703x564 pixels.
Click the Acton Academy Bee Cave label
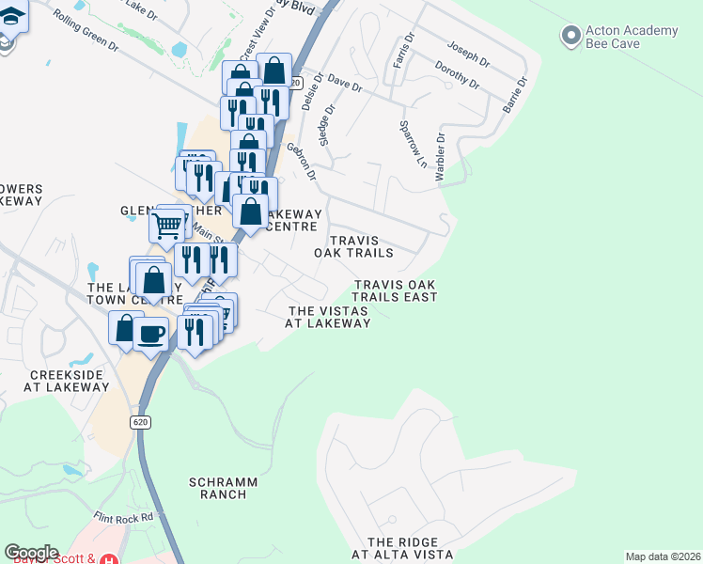click(632, 38)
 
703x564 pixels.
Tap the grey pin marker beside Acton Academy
click(570, 37)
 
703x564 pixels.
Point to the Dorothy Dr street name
click(458, 76)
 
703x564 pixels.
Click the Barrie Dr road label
click(515, 96)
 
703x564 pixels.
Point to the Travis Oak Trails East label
click(395, 290)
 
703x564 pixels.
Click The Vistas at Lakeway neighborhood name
click(328, 317)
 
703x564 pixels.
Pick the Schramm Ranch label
click(223, 488)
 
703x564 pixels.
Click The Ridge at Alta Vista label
click(402, 548)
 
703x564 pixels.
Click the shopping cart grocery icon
click(166, 225)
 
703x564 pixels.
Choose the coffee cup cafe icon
click(151, 333)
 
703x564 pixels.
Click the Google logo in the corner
click(31, 553)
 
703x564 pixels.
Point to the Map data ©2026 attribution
click(663, 556)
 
